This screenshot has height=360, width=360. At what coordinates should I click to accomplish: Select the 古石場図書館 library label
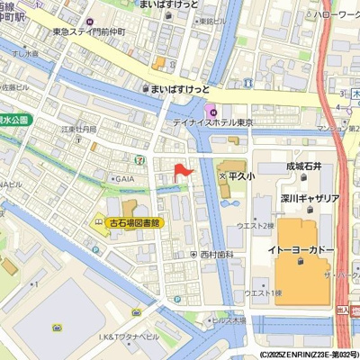click(133, 222)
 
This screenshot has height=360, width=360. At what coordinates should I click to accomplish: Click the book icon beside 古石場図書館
click(99, 220)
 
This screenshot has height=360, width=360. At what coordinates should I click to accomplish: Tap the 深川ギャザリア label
click(308, 198)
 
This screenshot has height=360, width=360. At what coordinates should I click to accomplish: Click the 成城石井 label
click(303, 166)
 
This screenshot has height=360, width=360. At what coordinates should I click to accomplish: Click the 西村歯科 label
click(217, 255)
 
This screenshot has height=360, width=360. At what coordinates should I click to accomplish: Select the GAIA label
click(124, 178)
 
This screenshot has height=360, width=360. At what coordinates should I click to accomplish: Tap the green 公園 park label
click(16, 119)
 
